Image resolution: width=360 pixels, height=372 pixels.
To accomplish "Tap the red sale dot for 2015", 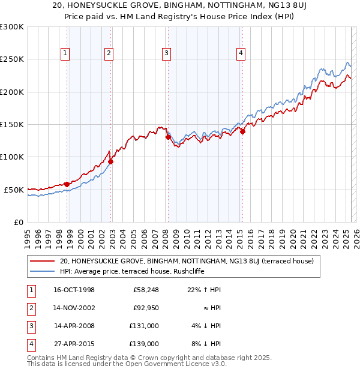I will click(x=242, y=132).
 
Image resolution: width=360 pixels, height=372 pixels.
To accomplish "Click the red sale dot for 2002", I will click(x=111, y=161).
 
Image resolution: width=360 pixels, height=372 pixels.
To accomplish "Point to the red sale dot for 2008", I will click(x=168, y=137).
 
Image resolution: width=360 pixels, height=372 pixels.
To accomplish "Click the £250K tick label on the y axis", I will click(x=12, y=59).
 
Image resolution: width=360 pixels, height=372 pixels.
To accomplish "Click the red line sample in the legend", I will click(x=41, y=261).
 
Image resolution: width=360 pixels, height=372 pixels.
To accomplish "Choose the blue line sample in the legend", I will click(x=41, y=271).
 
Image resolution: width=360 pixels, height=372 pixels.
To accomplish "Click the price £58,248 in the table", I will click(x=145, y=290).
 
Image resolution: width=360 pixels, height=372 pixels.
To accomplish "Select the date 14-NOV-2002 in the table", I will click(x=74, y=308).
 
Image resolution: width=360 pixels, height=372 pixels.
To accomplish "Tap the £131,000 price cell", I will click(x=145, y=326).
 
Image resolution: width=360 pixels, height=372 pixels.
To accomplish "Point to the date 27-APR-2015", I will click(x=74, y=344).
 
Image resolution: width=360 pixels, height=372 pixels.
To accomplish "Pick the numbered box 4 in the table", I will click(x=31, y=344).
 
